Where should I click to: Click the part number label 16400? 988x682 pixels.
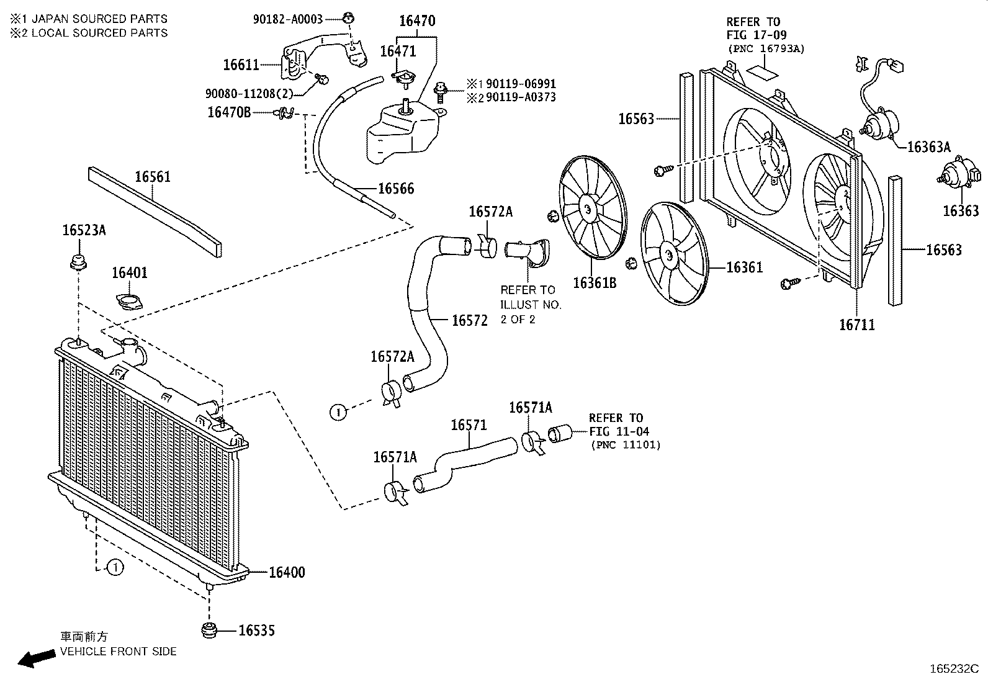[x=287, y=572]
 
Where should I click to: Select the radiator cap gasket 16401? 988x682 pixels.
[x=129, y=303]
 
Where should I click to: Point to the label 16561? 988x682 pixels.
[x=153, y=177]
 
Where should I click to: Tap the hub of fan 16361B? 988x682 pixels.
[x=587, y=208]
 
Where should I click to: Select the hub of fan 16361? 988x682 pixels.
[x=669, y=255]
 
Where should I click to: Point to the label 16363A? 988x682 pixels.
[x=928, y=147]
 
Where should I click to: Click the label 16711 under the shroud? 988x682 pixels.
[x=857, y=325]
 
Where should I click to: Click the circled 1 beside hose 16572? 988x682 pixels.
[x=338, y=412]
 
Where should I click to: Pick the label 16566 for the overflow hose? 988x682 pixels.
[x=396, y=189]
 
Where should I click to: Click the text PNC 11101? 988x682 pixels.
[x=626, y=445]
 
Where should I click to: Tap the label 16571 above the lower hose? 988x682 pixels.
[x=469, y=425]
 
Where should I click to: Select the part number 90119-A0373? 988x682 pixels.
[x=521, y=97]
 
